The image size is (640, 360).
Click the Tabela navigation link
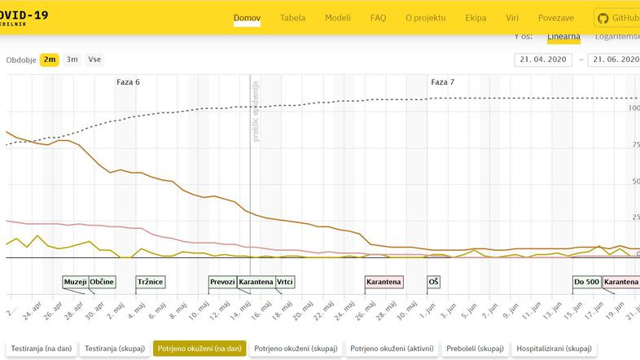[293, 18]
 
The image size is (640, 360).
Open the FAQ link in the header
[378, 18]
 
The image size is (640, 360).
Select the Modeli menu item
[338, 18]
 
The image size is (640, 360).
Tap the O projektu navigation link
[426, 18]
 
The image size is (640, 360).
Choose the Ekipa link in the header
[476, 18]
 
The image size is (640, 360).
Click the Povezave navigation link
[555, 18]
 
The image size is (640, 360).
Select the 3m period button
[72, 59]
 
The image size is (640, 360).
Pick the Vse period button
[94, 59]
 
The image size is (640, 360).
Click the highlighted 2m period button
[50, 59]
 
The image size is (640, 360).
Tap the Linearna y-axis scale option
[563, 37]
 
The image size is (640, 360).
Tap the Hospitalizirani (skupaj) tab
[555, 349]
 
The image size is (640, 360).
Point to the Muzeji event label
[75, 282]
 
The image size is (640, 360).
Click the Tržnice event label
[150, 282]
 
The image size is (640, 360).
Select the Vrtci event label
[285, 282]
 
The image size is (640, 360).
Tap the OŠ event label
[433, 282]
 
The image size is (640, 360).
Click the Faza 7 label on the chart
[442, 82]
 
